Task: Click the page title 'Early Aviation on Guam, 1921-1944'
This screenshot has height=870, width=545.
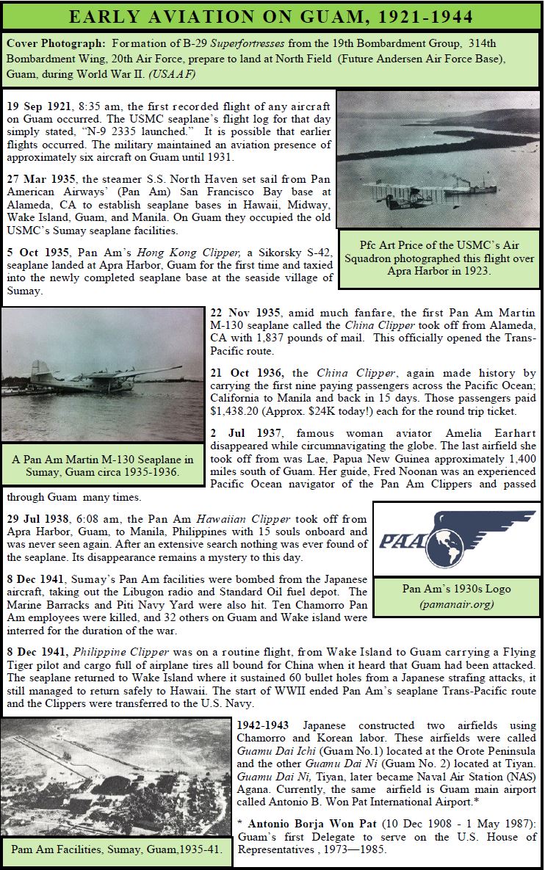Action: (x=272, y=15)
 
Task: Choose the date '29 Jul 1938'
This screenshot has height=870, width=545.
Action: (x=38, y=518)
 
